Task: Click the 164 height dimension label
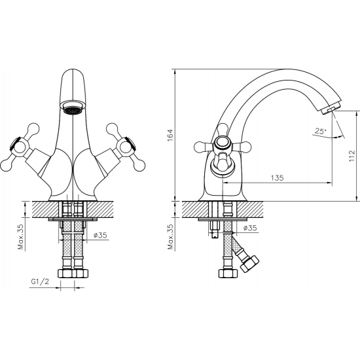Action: pos(170,135)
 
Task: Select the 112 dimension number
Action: pos(351,156)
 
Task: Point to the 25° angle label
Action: pos(320,131)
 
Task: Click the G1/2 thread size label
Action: pos(41,283)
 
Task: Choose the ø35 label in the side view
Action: pos(249,228)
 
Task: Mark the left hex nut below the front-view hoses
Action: pos(65,273)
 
